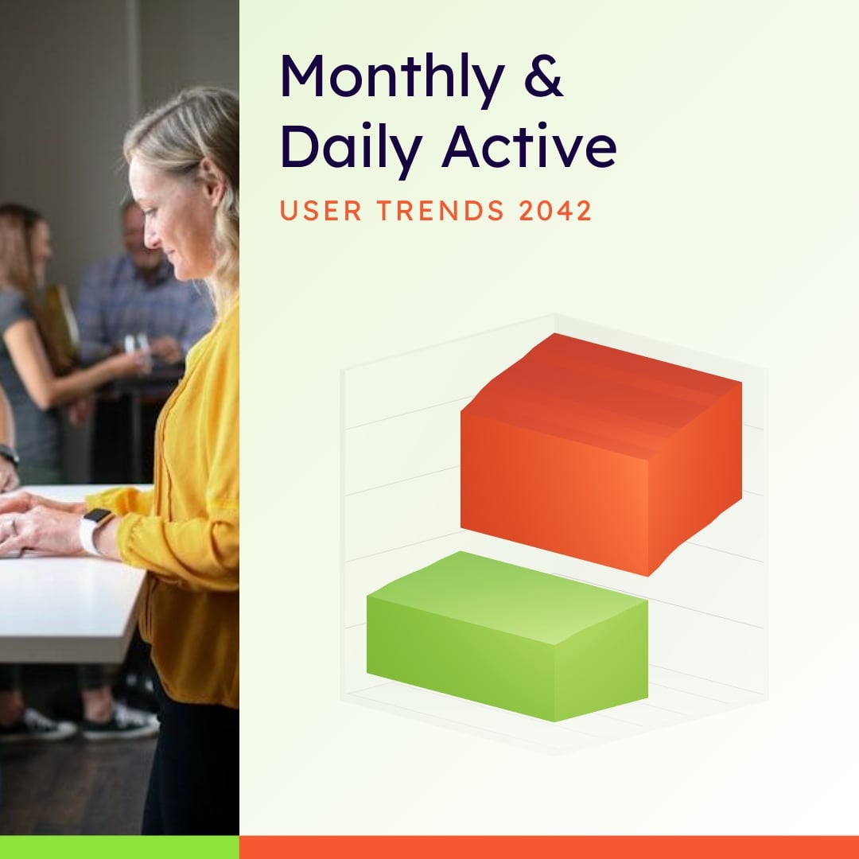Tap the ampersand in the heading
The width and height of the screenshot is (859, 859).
(543, 78)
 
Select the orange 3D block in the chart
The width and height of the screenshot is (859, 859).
(601, 453)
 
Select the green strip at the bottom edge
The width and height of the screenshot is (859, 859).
(119, 847)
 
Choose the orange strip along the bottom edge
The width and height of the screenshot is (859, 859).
(549, 847)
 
